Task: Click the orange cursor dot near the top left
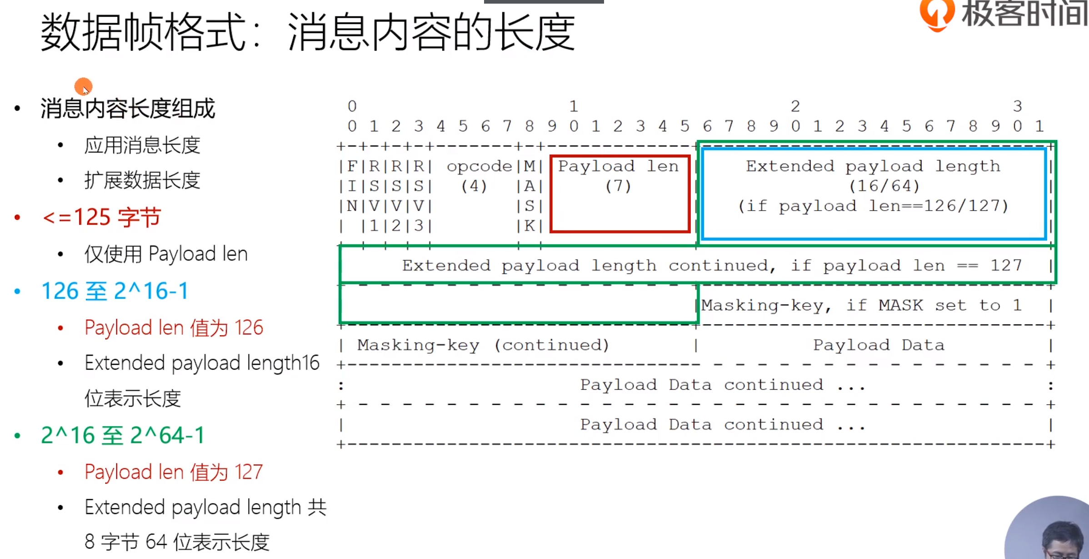[x=83, y=86]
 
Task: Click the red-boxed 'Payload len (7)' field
[x=619, y=193]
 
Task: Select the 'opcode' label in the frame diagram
[x=479, y=166]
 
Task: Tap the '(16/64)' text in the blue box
[x=884, y=186]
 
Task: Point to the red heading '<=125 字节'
[x=101, y=217]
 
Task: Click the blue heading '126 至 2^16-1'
[x=115, y=291]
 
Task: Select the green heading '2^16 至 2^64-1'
[x=123, y=435]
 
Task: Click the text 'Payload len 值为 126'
[x=174, y=327]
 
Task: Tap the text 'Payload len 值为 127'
[x=174, y=472]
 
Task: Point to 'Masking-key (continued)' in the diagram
[x=483, y=345]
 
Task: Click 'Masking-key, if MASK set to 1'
[x=861, y=305]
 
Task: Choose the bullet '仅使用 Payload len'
[x=166, y=254]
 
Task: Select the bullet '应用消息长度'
[x=142, y=146]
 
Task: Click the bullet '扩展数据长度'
[x=142, y=180]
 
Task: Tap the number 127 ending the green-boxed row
[x=1006, y=265]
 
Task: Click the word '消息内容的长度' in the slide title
[x=431, y=33]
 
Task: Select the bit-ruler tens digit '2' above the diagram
[x=795, y=106]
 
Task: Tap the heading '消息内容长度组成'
[x=128, y=109]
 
